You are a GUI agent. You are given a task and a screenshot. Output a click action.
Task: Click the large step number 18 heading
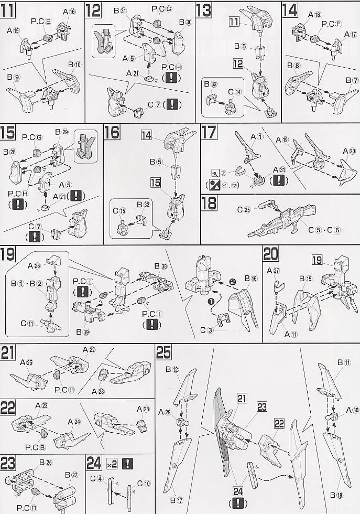(x=209, y=203)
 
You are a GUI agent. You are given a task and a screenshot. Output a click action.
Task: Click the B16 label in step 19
(x=251, y=278)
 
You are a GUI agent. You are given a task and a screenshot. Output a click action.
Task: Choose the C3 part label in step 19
(x=214, y=330)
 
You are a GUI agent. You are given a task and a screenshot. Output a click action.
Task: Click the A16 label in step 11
(x=69, y=11)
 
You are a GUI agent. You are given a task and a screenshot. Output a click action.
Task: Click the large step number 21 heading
(x=8, y=352)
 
